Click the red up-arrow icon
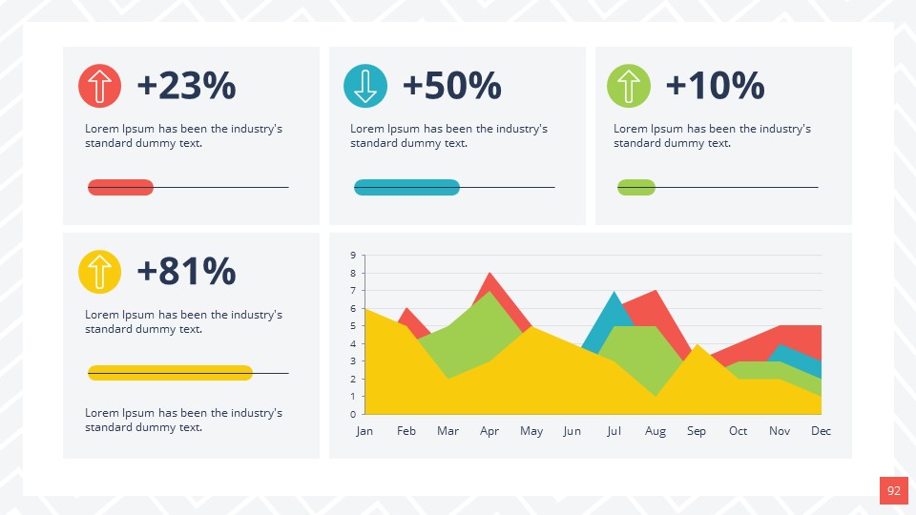99,86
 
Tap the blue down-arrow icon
364,86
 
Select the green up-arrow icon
629,86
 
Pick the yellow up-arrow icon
99,271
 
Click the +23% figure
186,86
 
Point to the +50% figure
451,86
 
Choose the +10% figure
715,86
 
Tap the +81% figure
186,271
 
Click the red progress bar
120,188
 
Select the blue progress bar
406,188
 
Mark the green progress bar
636,188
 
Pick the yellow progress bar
170,373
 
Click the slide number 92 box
893,491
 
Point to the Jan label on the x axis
364,431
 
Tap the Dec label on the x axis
821,431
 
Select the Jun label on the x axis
572,431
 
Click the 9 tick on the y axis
352,255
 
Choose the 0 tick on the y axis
352,414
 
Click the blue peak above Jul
614,299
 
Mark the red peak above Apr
490,279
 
